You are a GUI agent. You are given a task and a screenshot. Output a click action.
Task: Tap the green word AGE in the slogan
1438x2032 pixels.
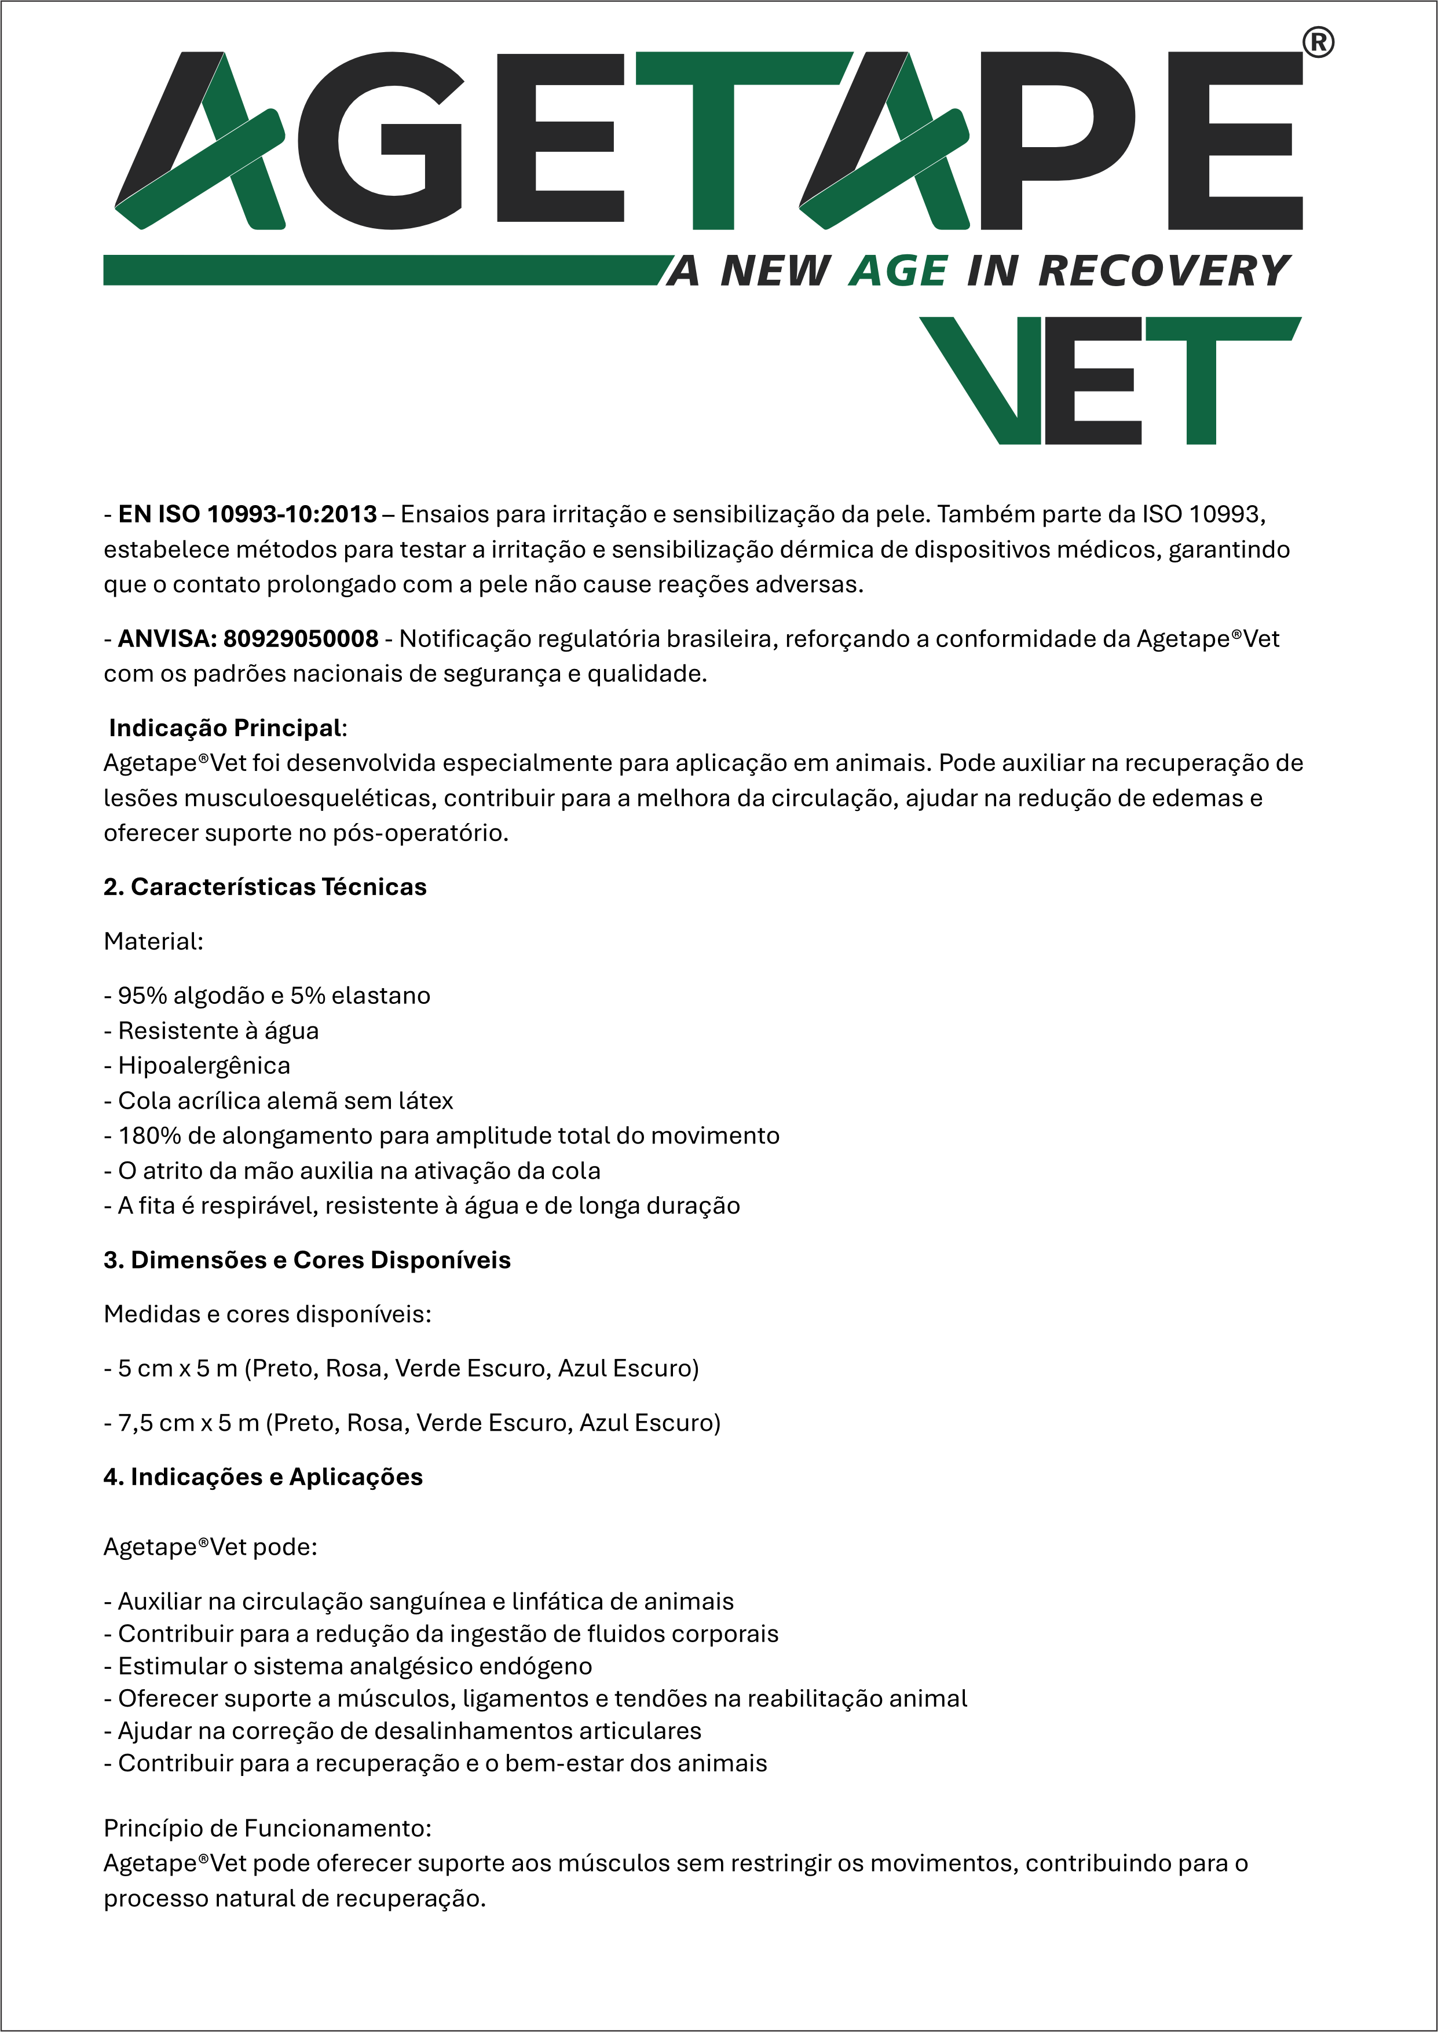[x=898, y=271]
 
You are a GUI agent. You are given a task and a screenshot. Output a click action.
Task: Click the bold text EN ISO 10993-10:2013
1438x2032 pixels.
[x=248, y=514]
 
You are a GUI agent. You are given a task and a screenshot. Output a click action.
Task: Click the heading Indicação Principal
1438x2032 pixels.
[x=226, y=728]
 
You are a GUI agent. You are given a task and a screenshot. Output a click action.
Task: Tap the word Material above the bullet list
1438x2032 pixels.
[x=151, y=941]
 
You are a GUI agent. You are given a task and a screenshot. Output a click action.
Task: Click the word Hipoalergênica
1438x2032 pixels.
[x=204, y=1065]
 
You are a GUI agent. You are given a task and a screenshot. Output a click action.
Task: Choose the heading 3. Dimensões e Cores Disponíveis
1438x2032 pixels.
[x=308, y=1260]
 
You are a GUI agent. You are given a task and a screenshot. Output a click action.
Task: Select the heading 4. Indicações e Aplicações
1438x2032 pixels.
[x=263, y=1477]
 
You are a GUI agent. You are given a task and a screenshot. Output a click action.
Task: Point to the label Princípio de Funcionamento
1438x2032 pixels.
[x=266, y=1828]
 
